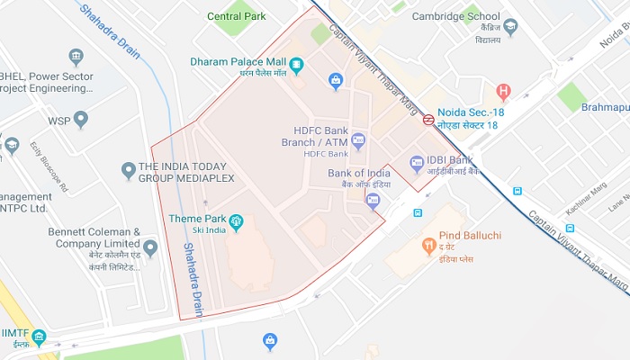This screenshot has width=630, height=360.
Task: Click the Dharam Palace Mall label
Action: [238, 62]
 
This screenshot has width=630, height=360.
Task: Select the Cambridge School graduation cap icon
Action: [510, 29]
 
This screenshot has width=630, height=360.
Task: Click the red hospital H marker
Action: [503, 91]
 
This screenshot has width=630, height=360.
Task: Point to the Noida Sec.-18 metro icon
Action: [429, 119]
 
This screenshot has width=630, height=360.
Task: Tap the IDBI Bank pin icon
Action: [417, 164]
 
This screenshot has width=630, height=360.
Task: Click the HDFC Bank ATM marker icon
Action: [358, 141]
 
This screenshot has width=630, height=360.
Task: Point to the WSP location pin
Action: [81, 120]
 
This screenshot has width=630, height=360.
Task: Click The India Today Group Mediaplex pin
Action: [128, 170]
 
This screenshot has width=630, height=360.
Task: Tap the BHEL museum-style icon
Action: [76, 58]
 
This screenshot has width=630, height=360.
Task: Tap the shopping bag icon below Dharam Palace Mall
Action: [337, 82]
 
